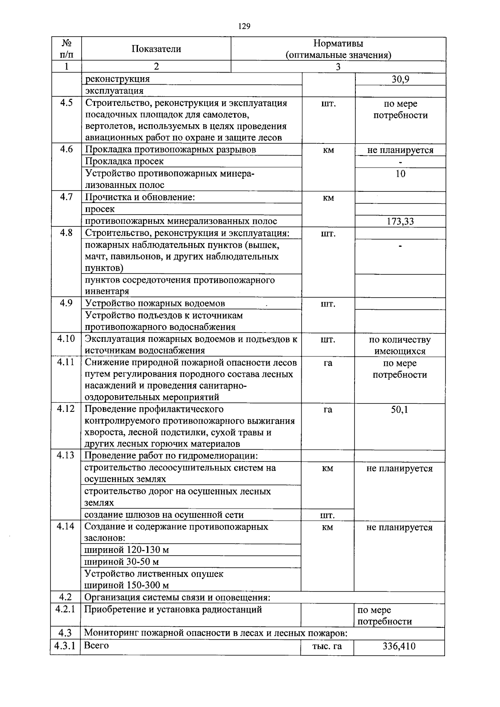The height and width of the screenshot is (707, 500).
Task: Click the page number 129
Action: [x=244, y=26]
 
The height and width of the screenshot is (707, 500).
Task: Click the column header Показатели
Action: [x=156, y=49]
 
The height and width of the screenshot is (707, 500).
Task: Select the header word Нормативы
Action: [x=338, y=43]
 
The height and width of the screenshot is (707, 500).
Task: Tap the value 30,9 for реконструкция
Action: [x=400, y=79]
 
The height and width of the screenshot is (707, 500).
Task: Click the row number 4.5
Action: [x=66, y=103]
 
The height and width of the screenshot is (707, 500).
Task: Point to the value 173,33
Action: [x=400, y=221]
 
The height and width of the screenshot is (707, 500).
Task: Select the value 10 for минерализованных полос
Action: [x=400, y=174]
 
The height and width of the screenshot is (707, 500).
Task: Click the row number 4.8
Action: [x=66, y=233]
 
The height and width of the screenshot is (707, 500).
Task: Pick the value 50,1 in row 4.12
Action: [x=399, y=409]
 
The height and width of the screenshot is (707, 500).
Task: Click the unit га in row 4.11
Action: [x=328, y=363]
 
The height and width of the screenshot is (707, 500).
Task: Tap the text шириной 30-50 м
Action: [x=121, y=562]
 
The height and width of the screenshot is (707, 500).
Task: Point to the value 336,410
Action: [x=399, y=646]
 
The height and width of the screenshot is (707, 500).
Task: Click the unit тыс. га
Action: [x=327, y=646]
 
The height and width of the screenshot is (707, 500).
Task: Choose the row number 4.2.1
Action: [x=65, y=609]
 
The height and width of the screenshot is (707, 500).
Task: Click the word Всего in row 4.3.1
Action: [x=96, y=645]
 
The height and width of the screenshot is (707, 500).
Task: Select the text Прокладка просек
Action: [x=124, y=161]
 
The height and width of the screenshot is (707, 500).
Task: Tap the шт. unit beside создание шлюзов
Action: [x=327, y=515]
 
